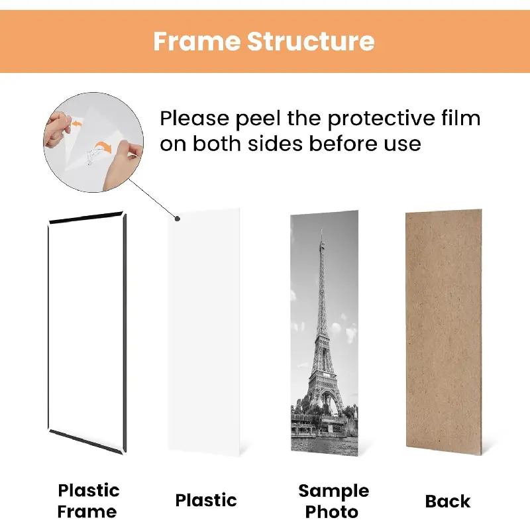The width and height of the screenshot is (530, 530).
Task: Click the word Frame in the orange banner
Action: (x=197, y=41)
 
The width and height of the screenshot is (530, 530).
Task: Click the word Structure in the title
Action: (x=311, y=41)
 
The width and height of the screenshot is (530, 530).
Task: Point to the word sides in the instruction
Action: (x=275, y=143)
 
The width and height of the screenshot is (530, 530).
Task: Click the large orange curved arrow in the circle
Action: (x=103, y=146)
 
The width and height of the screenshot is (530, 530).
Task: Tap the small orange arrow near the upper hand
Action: (x=76, y=124)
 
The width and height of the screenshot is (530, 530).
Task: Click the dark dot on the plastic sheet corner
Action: (x=178, y=219)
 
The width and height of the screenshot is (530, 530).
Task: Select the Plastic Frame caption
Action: (x=88, y=501)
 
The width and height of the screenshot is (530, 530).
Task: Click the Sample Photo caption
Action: (x=333, y=502)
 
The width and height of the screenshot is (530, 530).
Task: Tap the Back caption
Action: (x=448, y=502)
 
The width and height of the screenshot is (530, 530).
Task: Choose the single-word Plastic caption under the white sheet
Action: (x=206, y=500)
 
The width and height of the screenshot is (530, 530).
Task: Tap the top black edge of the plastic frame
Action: (x=87, y=218)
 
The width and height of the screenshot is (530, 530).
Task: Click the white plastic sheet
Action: (x=204, y=332)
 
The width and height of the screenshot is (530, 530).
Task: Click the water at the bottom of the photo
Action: (x=325, y=446)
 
